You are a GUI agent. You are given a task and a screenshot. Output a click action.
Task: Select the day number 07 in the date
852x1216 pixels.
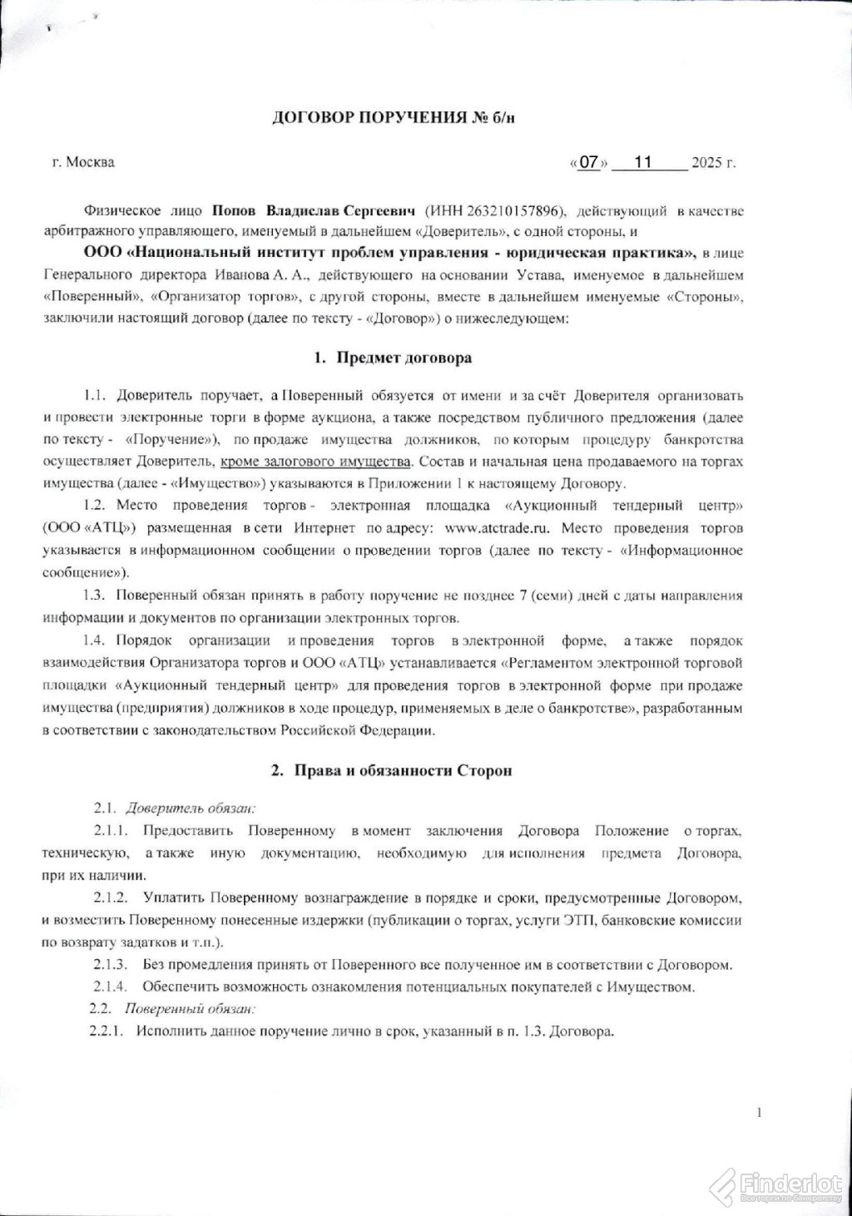(x=589, y=162)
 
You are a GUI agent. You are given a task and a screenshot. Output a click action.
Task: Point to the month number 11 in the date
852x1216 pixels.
(x=642, y=162)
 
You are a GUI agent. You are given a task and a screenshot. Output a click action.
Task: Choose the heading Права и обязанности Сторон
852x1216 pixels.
(x=403, y=770)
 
